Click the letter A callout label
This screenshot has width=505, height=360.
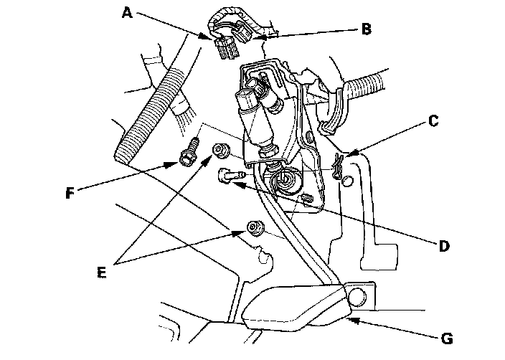127,13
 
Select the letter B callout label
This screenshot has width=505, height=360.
366,29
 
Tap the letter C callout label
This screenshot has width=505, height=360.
433,121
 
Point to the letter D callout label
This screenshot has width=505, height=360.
444,246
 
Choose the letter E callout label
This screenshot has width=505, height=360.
101,273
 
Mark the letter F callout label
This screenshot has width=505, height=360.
70,193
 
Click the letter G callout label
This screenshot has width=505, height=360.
447,338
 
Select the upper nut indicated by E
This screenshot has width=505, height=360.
220,151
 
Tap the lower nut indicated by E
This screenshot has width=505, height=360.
255,227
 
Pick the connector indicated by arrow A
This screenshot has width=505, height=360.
227,48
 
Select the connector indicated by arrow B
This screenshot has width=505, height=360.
244,33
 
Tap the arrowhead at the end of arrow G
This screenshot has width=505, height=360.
354,321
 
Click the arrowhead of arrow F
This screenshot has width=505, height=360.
173,165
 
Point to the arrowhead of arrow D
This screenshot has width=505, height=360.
237,184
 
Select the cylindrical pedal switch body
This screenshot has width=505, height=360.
257,119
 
